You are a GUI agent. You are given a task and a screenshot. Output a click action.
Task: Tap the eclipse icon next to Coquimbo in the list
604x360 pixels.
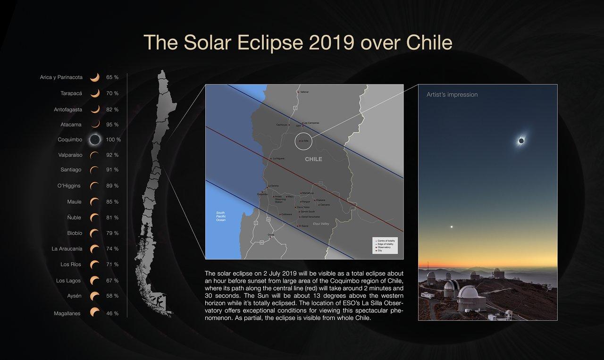[x=95, y=140]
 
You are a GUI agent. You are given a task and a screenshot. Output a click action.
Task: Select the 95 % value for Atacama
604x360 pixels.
[x=112, y=125]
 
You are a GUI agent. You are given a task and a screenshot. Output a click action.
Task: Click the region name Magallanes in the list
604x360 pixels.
[x=67, y=313]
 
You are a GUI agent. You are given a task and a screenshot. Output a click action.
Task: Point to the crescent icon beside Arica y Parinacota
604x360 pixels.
[x=95, y=77]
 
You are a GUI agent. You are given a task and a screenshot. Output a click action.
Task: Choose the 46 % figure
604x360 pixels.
[x=112, y=313]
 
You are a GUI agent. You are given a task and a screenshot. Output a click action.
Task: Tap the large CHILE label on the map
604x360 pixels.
[x=313, y=159]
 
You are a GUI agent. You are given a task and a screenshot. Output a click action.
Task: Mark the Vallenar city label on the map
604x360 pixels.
[x=304, y=92]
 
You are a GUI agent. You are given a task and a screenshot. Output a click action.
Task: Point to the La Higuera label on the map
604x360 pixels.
[x=278, y=159]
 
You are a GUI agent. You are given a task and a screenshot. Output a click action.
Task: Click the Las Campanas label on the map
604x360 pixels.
[x=311, y=123]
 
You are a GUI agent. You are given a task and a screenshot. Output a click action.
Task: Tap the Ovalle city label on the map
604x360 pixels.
[x=271, y=235]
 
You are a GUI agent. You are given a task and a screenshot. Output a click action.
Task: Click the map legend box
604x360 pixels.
[x=385, y=245]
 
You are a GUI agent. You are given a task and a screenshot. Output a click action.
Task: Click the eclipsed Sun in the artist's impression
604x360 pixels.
[x=521, y=141]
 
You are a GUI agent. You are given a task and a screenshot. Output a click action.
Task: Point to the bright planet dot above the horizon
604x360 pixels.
[x=452, y=227]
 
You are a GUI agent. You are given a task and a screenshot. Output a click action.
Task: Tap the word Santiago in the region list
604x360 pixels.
[x=71, y=169]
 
